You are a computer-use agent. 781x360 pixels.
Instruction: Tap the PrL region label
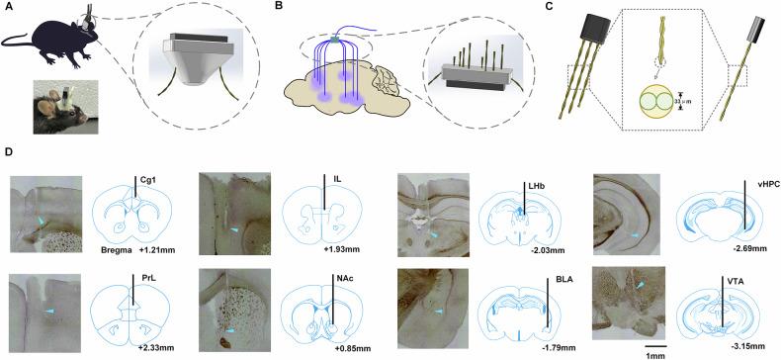point(146,274)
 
